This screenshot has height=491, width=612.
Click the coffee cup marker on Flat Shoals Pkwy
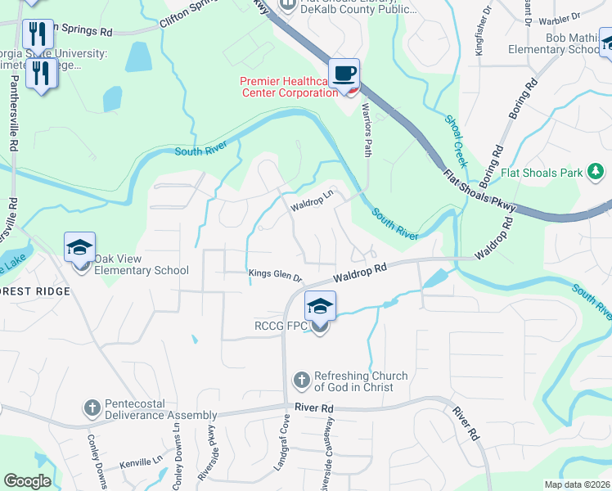(344, 74)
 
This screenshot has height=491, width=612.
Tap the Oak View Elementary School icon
(80, 247)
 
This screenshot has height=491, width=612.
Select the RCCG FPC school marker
(319, 309)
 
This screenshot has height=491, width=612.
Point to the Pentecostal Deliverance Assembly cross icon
(92, 408)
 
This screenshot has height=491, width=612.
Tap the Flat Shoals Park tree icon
(596, 172)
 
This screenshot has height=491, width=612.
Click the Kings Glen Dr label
(276, 277)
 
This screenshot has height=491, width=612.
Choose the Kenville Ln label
(142, 463)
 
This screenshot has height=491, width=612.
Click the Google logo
(27, 481)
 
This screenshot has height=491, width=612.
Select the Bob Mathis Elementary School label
(574, 43)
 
